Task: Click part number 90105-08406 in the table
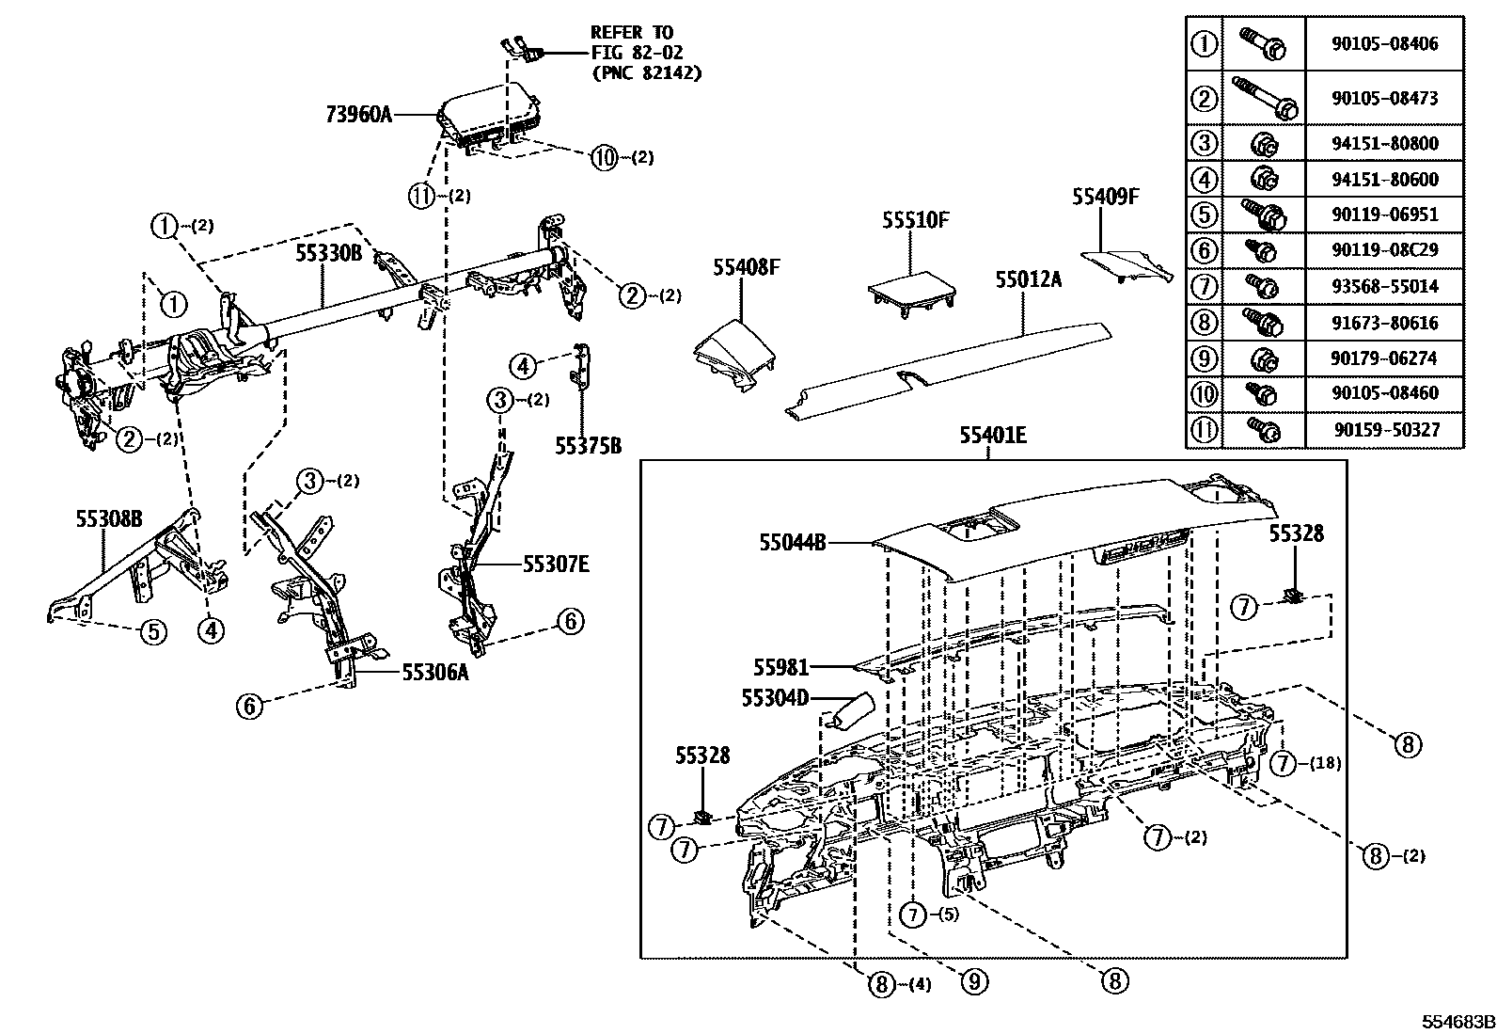[x=1384, y=44]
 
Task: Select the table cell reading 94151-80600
[x=1384, y=179]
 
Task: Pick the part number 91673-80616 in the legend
[x=1384, y=323]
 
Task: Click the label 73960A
[x=358, y=115]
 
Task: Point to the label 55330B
[x=329, y=253]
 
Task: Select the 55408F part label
[x=746, y=267]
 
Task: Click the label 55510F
[x=915, y=221]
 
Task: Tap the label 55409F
[x=1106, y=197]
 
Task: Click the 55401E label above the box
[x=992, y=436]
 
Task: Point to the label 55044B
[x=792, y=543]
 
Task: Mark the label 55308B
[x=109, y=518]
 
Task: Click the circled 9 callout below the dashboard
[x=973, y=982]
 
